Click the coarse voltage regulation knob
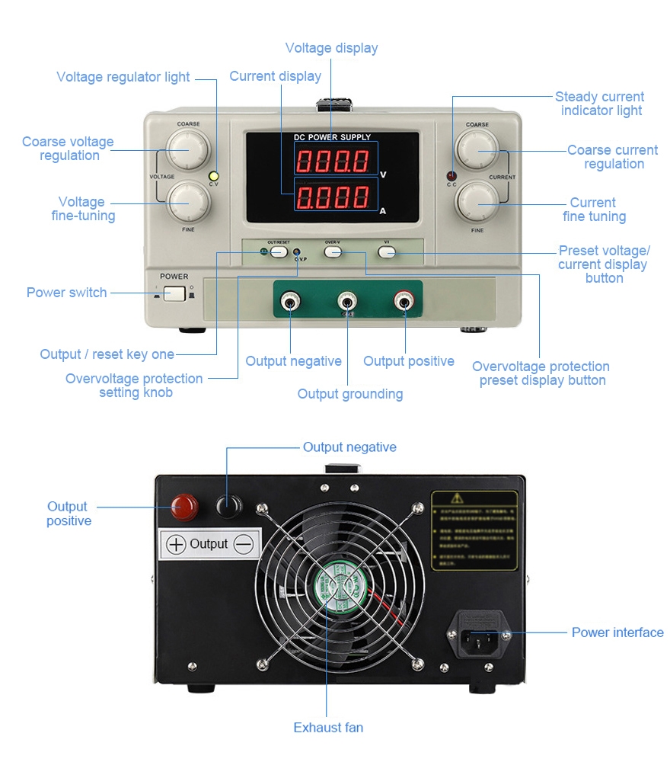[188, 149]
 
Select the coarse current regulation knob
[477, 149]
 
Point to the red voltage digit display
[333, 162]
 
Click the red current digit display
[333, 198]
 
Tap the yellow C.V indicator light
[214, 175]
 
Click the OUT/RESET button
[279, 251]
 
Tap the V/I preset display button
[387, 251]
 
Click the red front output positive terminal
[404, 302]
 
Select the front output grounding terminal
[347, 302]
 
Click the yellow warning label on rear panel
[474, 530]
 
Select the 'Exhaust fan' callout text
[328, 728]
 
